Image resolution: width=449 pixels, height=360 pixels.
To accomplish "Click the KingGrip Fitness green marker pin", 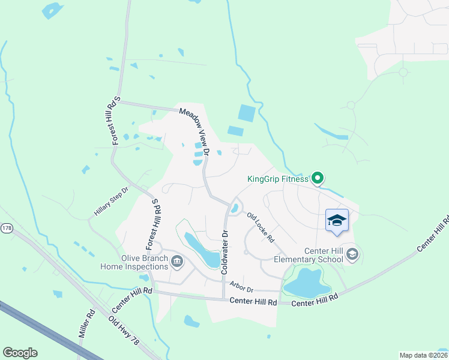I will tap(318, 178).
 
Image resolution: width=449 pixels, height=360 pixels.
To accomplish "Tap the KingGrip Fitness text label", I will tap(277, 179).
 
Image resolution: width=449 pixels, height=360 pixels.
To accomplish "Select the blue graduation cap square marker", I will tap(337, 220).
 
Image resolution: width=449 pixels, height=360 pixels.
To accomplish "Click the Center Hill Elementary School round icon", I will tap(352, 255).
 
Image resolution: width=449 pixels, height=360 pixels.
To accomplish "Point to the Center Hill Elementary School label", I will tap(308, 255).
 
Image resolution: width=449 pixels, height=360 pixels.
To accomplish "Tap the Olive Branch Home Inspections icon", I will tap(177, 262).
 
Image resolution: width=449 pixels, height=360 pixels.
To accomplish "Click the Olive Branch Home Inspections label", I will tap(134, 262).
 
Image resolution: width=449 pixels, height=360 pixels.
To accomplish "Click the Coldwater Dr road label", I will tap(225, 252).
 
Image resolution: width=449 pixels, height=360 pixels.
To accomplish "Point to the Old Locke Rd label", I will tap(261, 228).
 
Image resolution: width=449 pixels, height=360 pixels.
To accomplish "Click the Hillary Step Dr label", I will tap(112, 202).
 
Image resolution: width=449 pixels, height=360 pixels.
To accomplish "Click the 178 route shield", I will tap(7, 228).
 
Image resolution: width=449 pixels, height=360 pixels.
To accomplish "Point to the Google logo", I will tap(20, 353).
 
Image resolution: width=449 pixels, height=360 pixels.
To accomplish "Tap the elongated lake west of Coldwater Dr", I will tap(202, 249).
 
